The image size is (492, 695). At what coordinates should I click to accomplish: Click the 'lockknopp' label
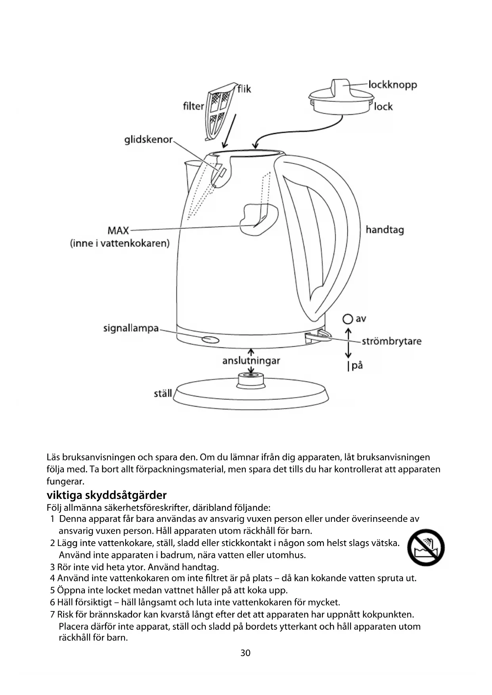392,85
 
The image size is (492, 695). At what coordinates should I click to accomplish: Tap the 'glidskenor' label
148,140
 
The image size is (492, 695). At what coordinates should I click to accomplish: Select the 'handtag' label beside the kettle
385,230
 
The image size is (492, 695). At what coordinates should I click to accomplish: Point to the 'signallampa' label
131,328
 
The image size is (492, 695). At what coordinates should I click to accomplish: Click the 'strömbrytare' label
391,341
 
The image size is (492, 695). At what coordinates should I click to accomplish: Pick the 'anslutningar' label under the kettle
251,361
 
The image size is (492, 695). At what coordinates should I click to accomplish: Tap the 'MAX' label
118,231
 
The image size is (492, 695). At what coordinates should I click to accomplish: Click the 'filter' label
193,106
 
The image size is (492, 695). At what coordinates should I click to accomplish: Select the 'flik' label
244,89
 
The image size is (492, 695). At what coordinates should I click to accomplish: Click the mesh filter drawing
218,111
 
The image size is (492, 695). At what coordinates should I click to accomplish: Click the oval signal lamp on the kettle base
210,340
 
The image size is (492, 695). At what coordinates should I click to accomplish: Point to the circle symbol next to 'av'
348,319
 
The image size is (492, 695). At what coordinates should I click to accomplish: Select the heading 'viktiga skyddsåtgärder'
107,495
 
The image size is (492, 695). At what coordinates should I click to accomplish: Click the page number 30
245,653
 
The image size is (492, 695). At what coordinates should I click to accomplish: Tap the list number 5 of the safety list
52,590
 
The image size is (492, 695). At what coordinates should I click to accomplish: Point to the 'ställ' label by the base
163,393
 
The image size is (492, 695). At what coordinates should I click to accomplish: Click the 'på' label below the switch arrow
357,365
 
